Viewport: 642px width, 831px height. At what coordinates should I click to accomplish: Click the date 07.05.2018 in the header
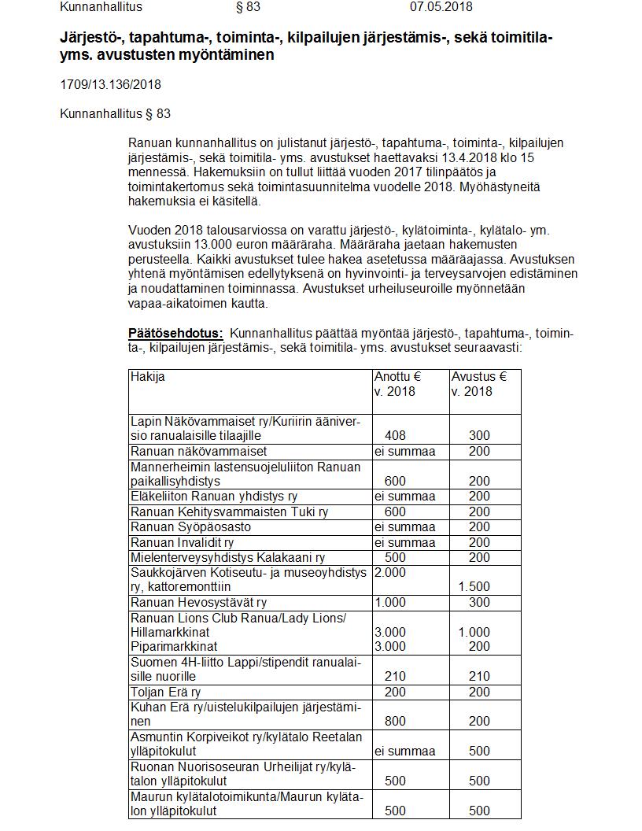tap(441, 7)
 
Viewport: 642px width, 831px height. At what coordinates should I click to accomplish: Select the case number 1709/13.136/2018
tap(110, 84)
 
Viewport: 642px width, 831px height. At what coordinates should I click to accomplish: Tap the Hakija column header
tap(148, 377)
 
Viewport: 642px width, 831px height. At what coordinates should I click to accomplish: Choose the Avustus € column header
tap(478, 377)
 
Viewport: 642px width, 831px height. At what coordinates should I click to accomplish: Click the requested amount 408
tap(396, 435)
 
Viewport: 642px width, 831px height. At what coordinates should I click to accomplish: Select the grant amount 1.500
tap(474, 586)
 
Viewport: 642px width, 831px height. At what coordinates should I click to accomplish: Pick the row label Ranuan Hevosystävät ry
tap(198, 603)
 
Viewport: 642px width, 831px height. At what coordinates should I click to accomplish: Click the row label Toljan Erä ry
tap(165, 692)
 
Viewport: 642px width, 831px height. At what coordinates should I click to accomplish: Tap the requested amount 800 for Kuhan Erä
tap(396, 721)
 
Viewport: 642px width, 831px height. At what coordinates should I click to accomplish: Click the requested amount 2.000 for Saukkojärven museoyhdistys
tap(390, 572)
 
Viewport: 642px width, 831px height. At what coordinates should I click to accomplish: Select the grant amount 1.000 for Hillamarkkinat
tap(474, 632)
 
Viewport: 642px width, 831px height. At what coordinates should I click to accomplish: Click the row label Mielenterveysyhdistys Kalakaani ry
tap(227, 557)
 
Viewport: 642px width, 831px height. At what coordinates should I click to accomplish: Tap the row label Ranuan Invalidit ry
tap(182, 542)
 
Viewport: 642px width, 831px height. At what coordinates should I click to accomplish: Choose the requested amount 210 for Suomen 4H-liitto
tap(396, 676)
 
